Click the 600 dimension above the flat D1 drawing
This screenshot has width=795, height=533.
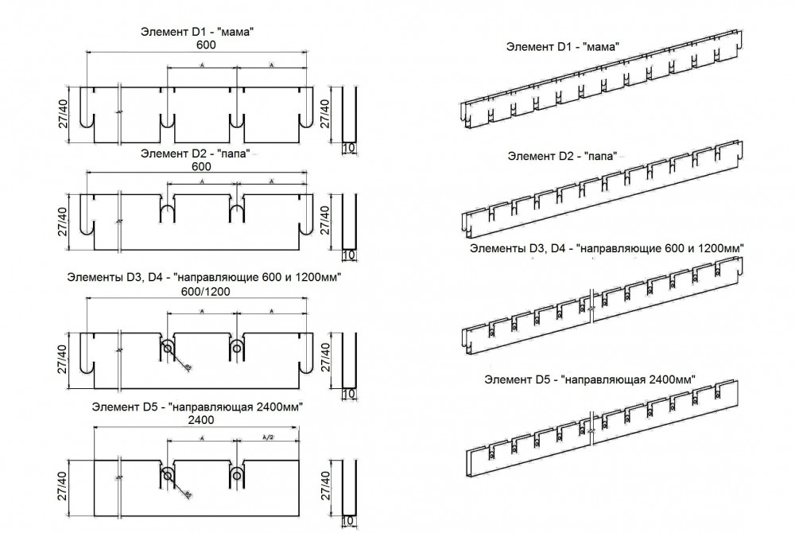click(x=206, y=45)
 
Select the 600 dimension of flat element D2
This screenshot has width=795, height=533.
click(x=202, y=167)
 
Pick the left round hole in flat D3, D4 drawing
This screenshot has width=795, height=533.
click(x=168, y=349)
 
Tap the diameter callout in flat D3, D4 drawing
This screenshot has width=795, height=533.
click(x=187, y=368)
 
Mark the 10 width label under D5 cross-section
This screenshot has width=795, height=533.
click(x=348, y=522)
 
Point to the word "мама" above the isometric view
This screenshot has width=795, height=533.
click(x=601, y=48)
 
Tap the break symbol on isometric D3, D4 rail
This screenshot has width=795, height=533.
click(x=592, y=303)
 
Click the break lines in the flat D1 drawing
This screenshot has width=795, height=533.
click(x=119, y=114)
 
